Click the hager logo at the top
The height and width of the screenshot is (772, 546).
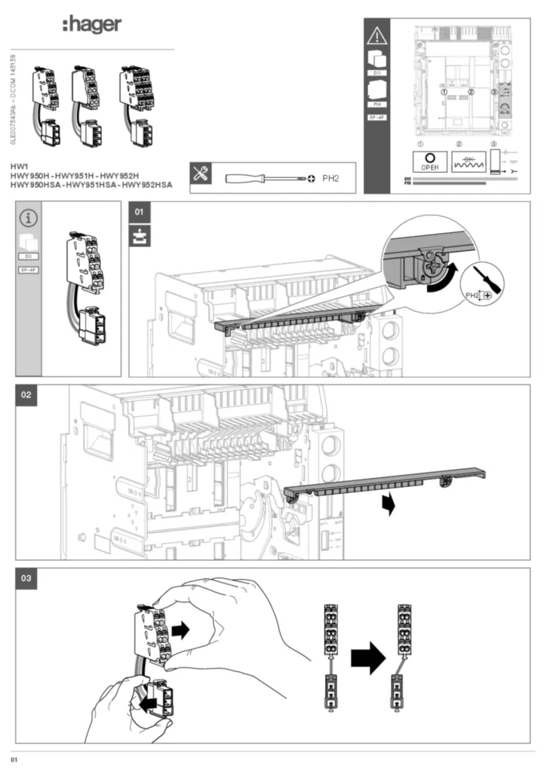(91, 25)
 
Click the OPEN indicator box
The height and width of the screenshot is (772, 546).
(430, 161)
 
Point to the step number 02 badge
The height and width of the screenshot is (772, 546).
(26, 395)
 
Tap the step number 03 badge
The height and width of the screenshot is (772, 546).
(26, 578)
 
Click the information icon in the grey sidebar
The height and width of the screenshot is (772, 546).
(29, 219)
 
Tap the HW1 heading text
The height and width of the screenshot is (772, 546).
(19, 165)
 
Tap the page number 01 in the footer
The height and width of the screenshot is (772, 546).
(14, 758)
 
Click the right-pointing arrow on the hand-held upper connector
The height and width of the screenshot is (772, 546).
(180, 630)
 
